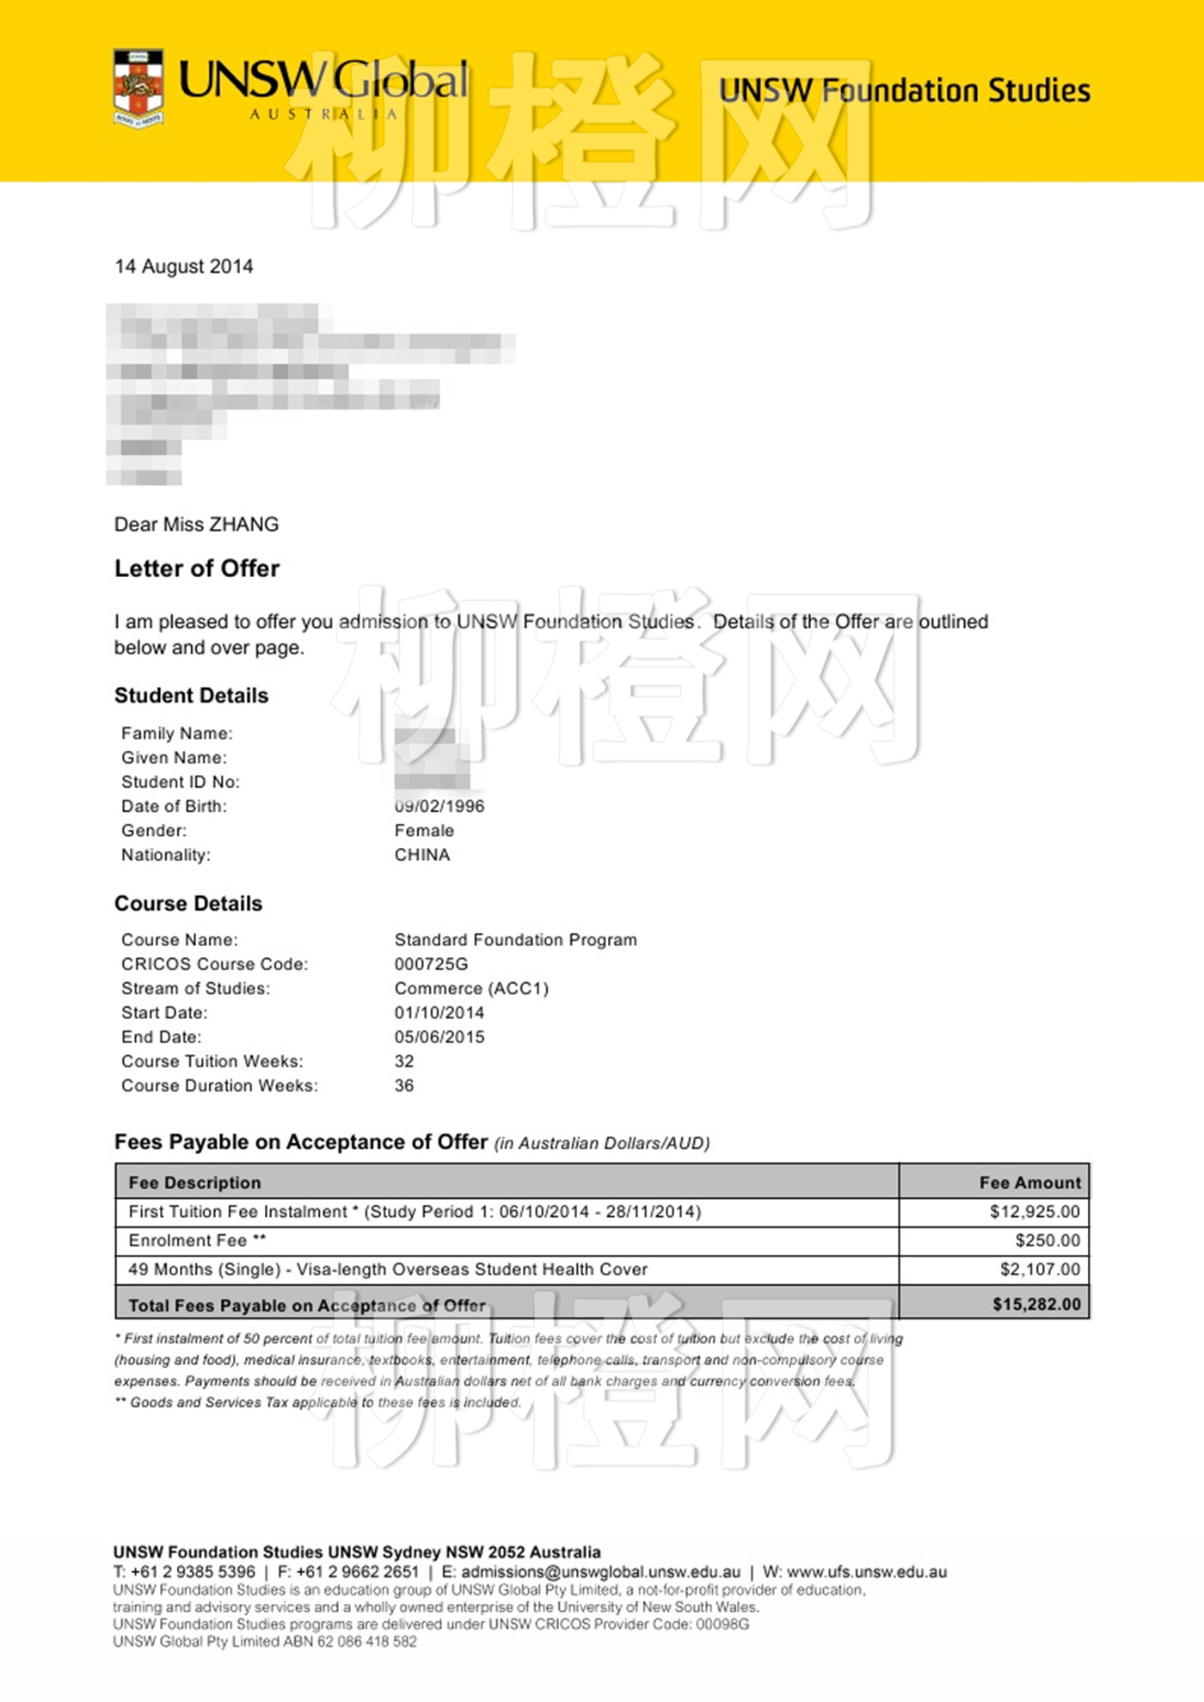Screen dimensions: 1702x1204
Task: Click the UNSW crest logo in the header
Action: click(x=138, y=89)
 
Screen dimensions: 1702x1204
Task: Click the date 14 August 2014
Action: click(x=183, y=267)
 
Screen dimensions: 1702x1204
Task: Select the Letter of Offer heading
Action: click(x=197, y=568)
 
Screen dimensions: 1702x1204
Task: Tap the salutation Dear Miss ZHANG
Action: click(x=196, y=525)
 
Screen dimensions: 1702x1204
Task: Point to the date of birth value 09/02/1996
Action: click(x=439, y=807)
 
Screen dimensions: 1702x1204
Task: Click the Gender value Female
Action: click(x=424, y=831)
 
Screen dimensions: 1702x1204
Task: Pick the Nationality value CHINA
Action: click(x=422, y=855)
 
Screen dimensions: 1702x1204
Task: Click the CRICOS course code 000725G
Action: click(x=432, y=964)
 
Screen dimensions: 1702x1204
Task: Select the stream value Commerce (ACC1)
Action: click(x=471, y=988)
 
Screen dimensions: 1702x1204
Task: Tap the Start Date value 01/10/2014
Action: click(x=439, y=1013)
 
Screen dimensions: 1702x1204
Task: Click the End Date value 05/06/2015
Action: click(x=439, y=1037)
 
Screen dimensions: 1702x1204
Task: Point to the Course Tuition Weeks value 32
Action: click(x=404, y=1061)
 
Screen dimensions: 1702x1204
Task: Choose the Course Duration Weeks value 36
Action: click(x=404, y=1085)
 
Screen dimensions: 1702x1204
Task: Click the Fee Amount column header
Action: click(x=1029, y=1183)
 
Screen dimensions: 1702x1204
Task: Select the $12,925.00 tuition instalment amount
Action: click(x=1035, y=1212)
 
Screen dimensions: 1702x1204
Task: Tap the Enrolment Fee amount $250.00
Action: click(x=1047, y=1240)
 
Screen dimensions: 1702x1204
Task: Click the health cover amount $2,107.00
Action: click(x=1040, y=1269)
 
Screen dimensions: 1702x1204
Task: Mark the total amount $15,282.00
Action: click(x=1036, y=1305)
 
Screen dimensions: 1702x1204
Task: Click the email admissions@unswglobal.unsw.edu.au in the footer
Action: click(x=600, y=1572)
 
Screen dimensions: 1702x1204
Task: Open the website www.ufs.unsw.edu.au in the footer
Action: click(x=866, y=1572)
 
